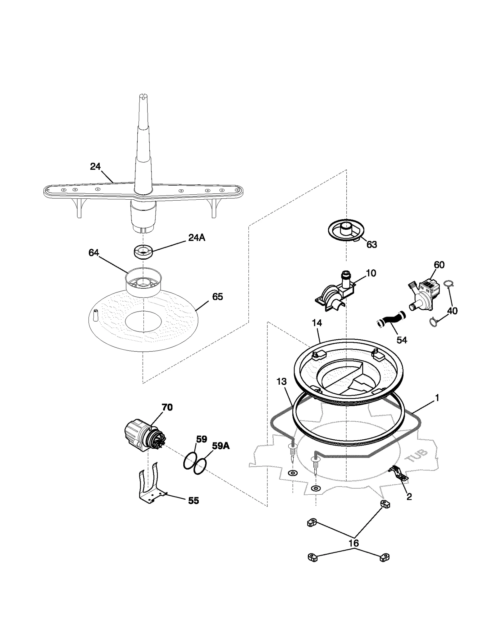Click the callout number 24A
pyautogui.click(x=197, y=238)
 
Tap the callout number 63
pyautogui.click(x=372, y=245)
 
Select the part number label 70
pyautogui.click(x=167, y=407)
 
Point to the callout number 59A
pyautogui.click(x=221, y=446)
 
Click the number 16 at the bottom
pyautogui.click(x=354, y=543)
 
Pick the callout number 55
pyautogui.click(x=194, y=501)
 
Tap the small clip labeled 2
pyautogui.click(x=399, y=475)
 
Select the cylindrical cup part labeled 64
pyautogui.click(x=144, y=282)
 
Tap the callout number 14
pyautogui.click(x=317, y=323)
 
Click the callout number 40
pyautogui.click(x=452, y=311)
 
